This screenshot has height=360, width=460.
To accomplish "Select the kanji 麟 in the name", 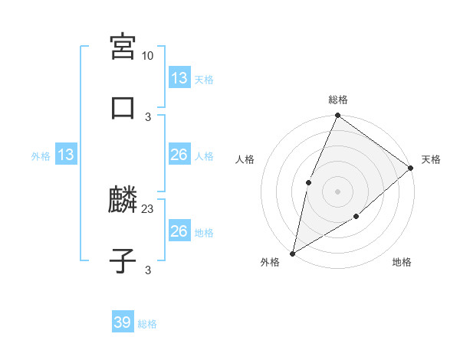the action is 123,200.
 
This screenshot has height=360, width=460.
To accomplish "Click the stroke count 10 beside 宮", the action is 147,56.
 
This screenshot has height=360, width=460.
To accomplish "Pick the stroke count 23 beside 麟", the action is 148,208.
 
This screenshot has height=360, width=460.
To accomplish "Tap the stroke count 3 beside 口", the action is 148,116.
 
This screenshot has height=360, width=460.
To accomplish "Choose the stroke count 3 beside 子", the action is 148,269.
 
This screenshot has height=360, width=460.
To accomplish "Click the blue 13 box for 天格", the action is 179,78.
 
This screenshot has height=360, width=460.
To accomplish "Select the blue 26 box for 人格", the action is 179,155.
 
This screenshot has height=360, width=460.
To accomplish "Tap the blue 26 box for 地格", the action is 179,231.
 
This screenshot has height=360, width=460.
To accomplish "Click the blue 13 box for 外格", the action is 66,155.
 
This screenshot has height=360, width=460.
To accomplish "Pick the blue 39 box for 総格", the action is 123,322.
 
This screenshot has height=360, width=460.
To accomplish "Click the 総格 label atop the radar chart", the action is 337,100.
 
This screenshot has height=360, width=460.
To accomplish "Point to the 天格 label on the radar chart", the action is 431,159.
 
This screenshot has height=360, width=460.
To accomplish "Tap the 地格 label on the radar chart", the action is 402,263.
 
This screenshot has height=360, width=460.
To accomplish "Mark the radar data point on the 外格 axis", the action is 293,253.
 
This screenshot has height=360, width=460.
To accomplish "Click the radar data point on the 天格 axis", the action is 411,168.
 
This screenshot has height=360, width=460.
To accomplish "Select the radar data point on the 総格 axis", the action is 337,116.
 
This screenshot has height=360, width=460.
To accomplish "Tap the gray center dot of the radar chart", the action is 337,191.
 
